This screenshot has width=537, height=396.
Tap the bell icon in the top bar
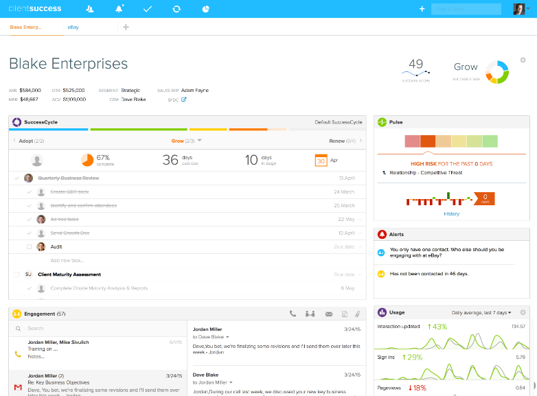point(119,9)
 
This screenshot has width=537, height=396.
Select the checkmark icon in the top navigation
point(147,9)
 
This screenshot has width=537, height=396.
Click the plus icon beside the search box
point(422,9)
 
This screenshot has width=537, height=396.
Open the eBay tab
point(73,27)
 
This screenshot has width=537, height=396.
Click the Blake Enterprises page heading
point(68,63)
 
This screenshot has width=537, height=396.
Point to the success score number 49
point(415,65)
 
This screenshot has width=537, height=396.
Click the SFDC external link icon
point(183,100)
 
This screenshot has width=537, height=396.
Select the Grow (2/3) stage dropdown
point(186,141)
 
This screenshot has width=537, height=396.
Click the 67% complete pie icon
point(87,160)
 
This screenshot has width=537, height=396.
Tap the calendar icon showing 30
point(321,161)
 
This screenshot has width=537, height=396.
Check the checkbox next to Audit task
point(29,246)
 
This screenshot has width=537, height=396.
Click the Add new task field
point(67,260)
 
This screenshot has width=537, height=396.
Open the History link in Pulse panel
point(451,214)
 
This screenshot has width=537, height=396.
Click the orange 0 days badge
point(485,199)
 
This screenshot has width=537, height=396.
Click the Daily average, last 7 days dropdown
point(481,312)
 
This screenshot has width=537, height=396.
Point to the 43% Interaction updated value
point(437,327)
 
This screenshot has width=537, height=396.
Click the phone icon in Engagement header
point(293,314)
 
